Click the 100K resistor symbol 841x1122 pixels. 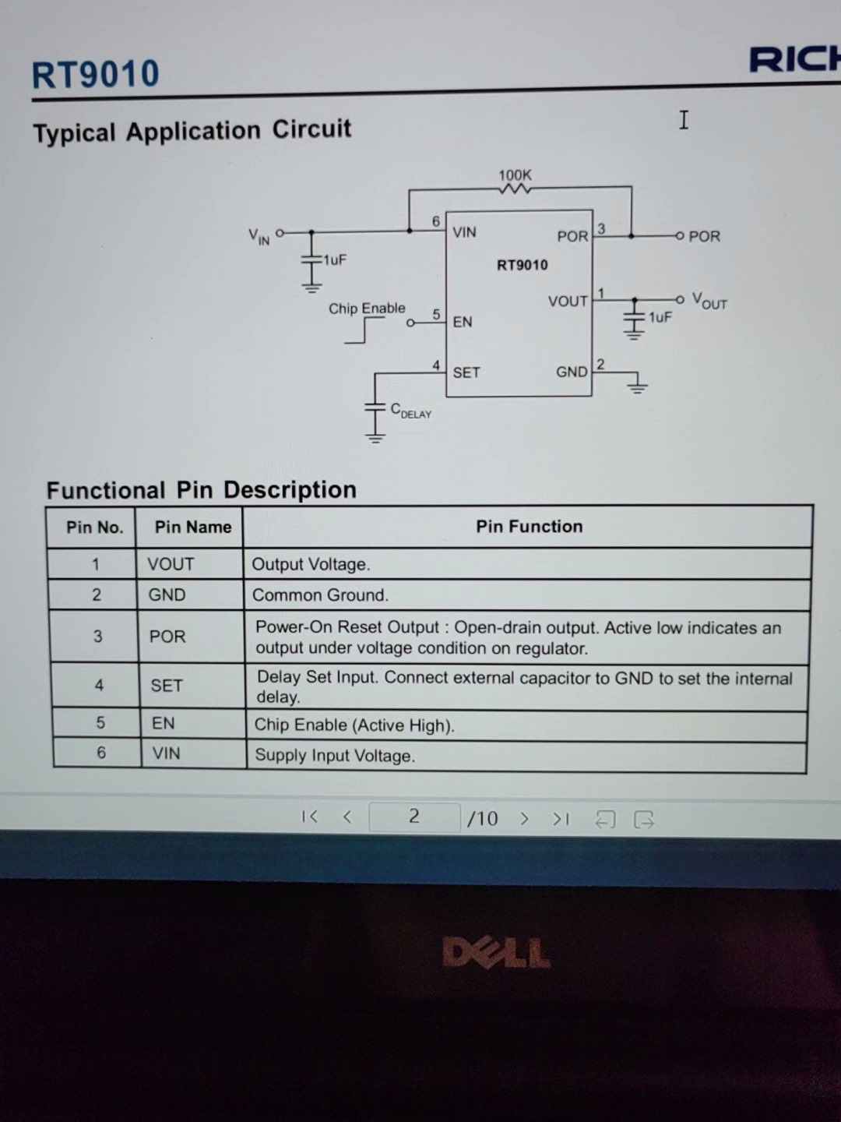[x=515, y=189]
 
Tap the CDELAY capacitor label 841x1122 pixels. [x=410, y=411]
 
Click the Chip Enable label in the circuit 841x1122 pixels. [x=367, y=309]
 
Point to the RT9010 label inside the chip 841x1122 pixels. [x=522, y=265]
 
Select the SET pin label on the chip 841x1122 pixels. [x=466, y=372]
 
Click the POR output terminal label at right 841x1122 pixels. [x=704, y=236]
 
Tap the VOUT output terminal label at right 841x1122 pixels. [x=709, y=302]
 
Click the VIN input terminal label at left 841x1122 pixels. [x=259, y=236]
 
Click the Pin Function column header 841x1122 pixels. [x=529, y=527]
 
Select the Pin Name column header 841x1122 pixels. [x=192, y=527]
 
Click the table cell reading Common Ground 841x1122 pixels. [x=320, y=595]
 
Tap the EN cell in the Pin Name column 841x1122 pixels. [x=164, y=723]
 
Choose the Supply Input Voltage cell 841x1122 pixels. [x=335, y=756]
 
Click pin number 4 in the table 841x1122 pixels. [x=99, y=685]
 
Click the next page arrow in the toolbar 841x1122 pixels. [x=524, y=818]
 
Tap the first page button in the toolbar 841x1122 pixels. [x=309, y=817]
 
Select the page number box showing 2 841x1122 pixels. [x=413, y=817]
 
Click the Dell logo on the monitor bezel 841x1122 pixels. [x=496, y=953]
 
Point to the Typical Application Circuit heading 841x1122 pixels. [x=192, y=131]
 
